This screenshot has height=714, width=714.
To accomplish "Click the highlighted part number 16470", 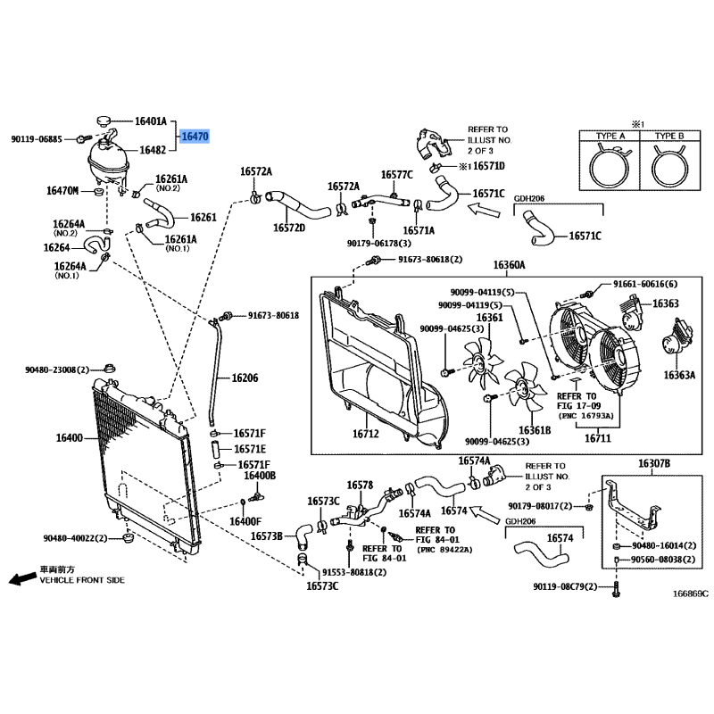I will [195, 137].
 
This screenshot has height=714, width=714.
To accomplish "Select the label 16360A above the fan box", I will [510, 265].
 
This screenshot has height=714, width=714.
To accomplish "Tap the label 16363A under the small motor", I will [678, 375].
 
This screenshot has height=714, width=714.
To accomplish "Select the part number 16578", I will [359, 486].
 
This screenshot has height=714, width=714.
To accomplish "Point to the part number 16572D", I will [288, 228].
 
